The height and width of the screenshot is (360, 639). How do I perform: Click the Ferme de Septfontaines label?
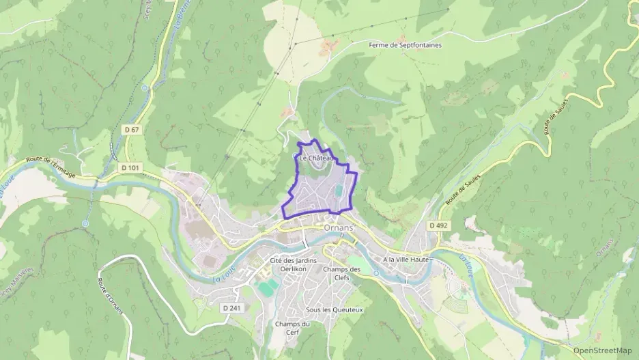click(405, 45)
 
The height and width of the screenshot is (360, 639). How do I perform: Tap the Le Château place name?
click(315, 158)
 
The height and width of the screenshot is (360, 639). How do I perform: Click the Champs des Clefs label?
click(341, 273)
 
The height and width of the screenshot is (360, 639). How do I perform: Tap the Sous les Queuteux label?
click(335, 309)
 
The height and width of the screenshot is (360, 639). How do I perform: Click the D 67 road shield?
click(132, 129)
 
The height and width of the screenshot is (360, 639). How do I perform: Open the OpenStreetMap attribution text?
click(602, 350)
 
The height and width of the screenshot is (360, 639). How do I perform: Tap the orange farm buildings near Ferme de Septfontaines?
click(331, 46)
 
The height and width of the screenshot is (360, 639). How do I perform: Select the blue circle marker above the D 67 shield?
click(144, 88)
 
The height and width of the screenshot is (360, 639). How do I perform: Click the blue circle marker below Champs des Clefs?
click(375, 273)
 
